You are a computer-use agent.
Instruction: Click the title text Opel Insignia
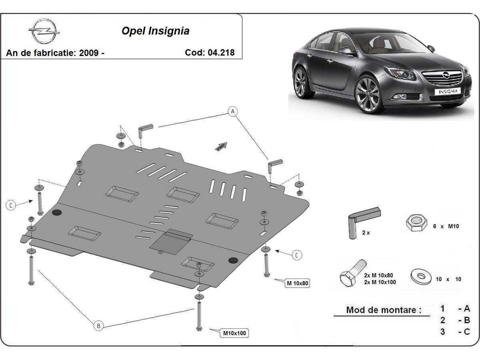pyautogui.click(x=155, y=31)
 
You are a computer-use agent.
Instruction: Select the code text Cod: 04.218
pyautogui.click(x=210, y=52)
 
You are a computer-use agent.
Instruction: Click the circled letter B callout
pyautogui.click(x=98, y=326)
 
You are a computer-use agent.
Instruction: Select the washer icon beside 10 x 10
pyautogui.click(x=421, y=276)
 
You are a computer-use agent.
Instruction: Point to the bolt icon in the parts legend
pyautogui.click(x=352, y=272)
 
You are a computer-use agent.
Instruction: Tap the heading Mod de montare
pyautogui.click(x=383, y=310)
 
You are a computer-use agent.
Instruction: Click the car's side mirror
pyautogui.click(x=346, y=51)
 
